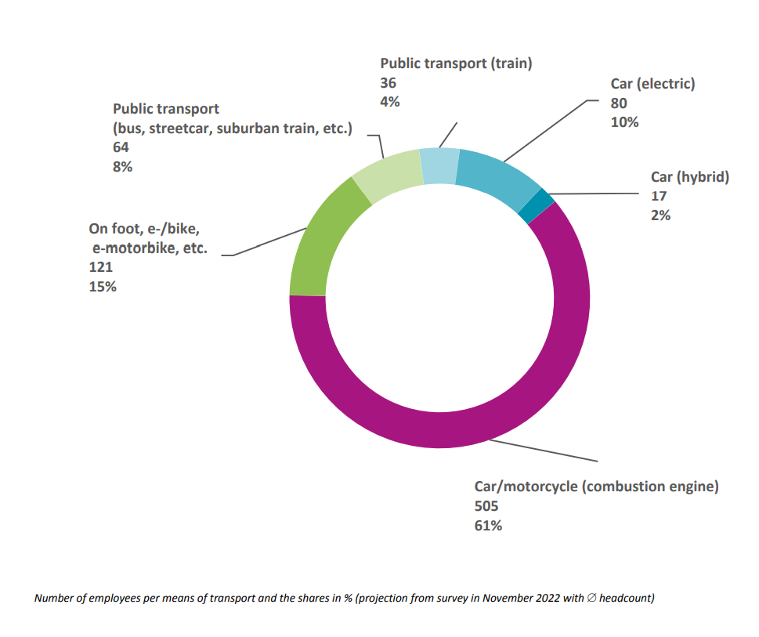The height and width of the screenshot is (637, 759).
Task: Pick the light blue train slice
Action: (439, 165)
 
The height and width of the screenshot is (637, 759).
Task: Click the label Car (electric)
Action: (652, 84)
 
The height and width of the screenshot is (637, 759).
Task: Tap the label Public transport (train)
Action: (456, 63)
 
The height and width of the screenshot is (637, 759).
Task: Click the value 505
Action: (486, 506)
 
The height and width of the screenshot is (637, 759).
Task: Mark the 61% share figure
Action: (488, 526)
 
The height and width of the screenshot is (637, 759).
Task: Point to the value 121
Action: (101, 268)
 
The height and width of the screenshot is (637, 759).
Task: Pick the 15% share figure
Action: (103, 287)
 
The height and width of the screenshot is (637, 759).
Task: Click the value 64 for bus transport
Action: (121, 147)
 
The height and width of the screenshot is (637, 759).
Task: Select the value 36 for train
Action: (389, 83)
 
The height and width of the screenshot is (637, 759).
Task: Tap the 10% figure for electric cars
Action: (625, 122)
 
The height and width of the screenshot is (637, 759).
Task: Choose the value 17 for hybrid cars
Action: (660, 196)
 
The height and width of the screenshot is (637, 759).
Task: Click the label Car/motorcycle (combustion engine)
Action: (596, 487)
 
